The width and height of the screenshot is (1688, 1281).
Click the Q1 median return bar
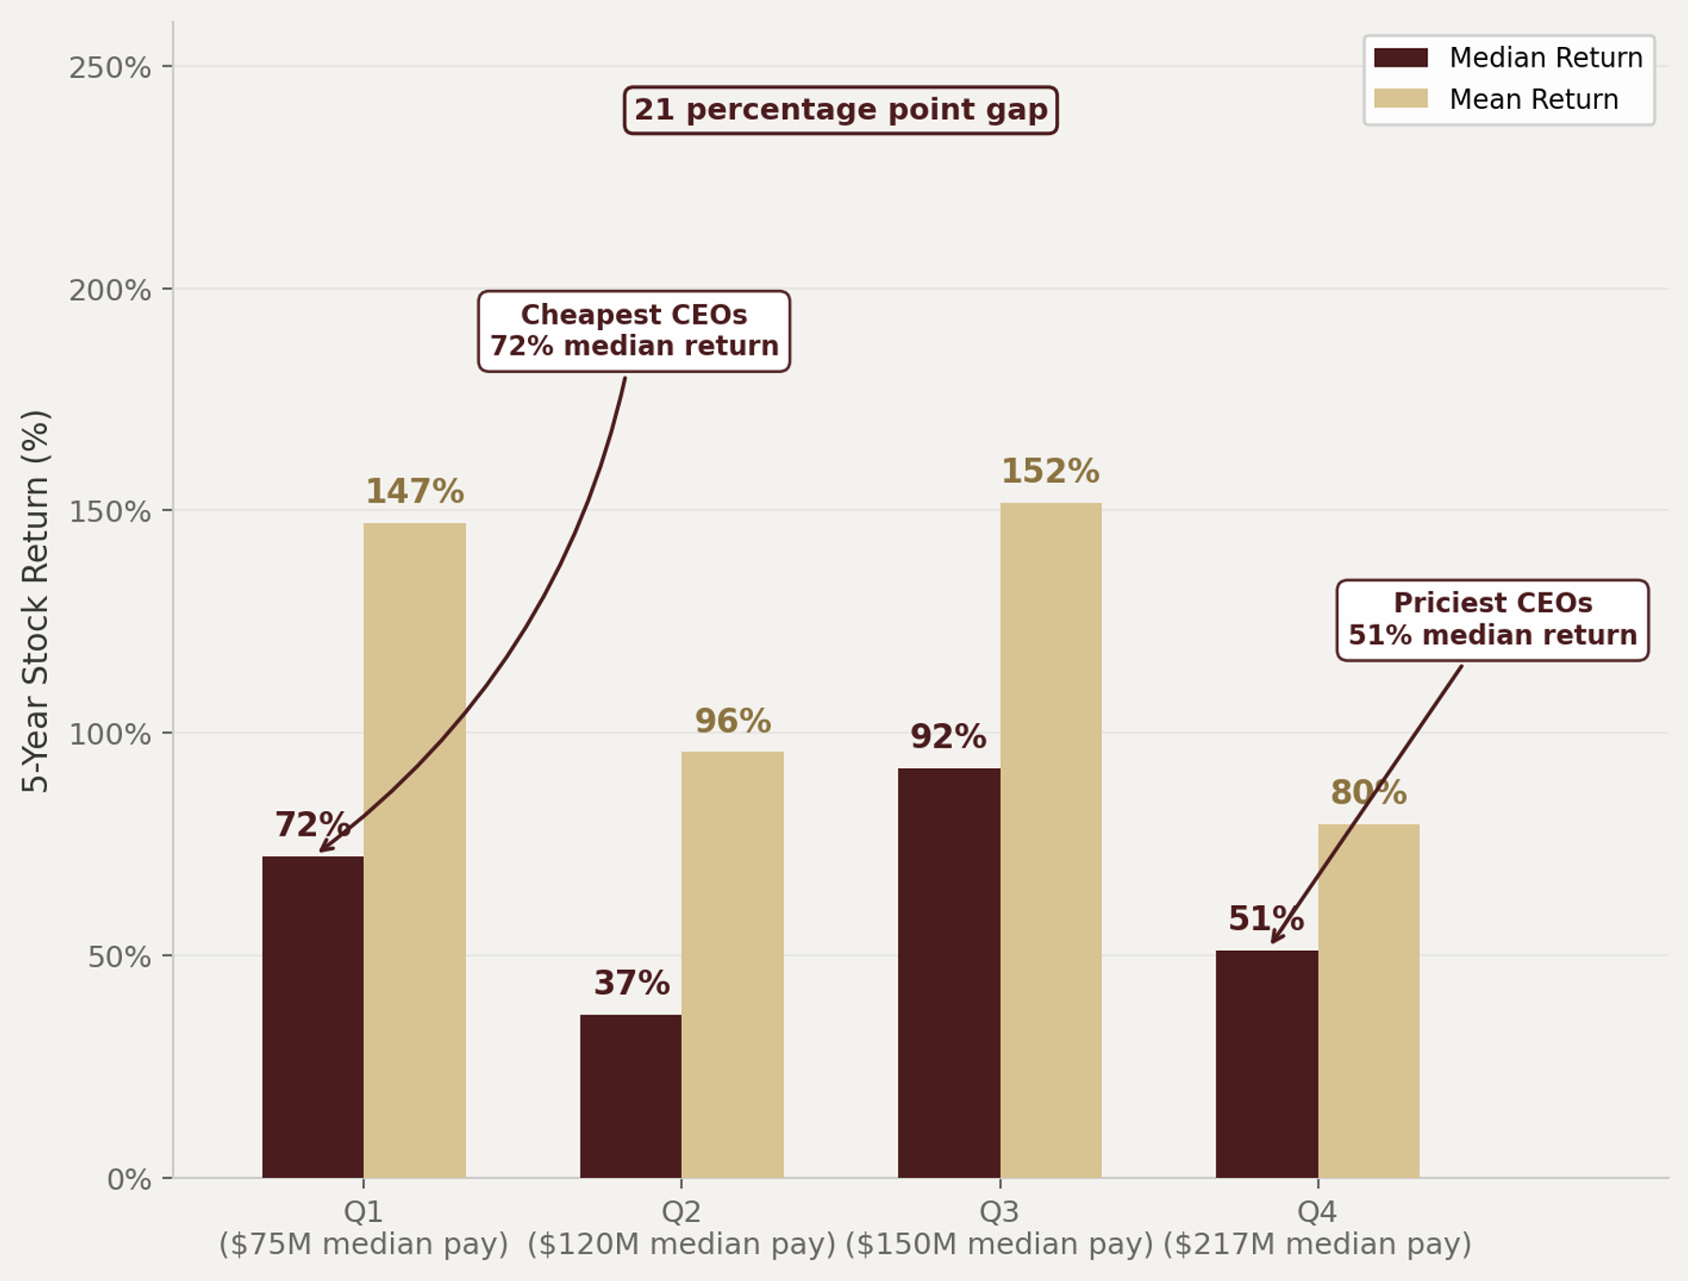pos(312,1017)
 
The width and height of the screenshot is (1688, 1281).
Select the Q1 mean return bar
pos(414,850)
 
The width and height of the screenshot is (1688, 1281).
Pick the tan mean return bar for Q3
pos(1050,839)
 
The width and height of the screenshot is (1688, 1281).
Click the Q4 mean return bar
pos(1368,1001)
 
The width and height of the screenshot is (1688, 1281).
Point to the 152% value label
pos(1049,471)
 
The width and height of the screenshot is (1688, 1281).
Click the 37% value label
pos(631,983)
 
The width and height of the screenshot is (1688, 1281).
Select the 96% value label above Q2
pos(732,721)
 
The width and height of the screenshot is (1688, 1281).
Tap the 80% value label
pos(1368,793)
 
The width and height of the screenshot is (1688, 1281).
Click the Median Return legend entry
pos(1508,58)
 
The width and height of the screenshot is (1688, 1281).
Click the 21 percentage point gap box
pos(840,111)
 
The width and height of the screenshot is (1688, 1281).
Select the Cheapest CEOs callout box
pos(634,331)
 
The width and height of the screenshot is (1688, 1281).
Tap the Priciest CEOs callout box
pos(1492,620)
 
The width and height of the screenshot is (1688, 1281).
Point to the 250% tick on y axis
pos(110,68)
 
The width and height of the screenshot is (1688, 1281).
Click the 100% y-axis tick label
pos(110,734)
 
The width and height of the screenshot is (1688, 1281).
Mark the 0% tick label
pos(128,1179)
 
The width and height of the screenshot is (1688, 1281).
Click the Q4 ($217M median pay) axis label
pos(1317,1228)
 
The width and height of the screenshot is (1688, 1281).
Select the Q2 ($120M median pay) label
pos(681,1228)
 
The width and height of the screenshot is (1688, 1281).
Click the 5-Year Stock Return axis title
pos(35,600)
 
